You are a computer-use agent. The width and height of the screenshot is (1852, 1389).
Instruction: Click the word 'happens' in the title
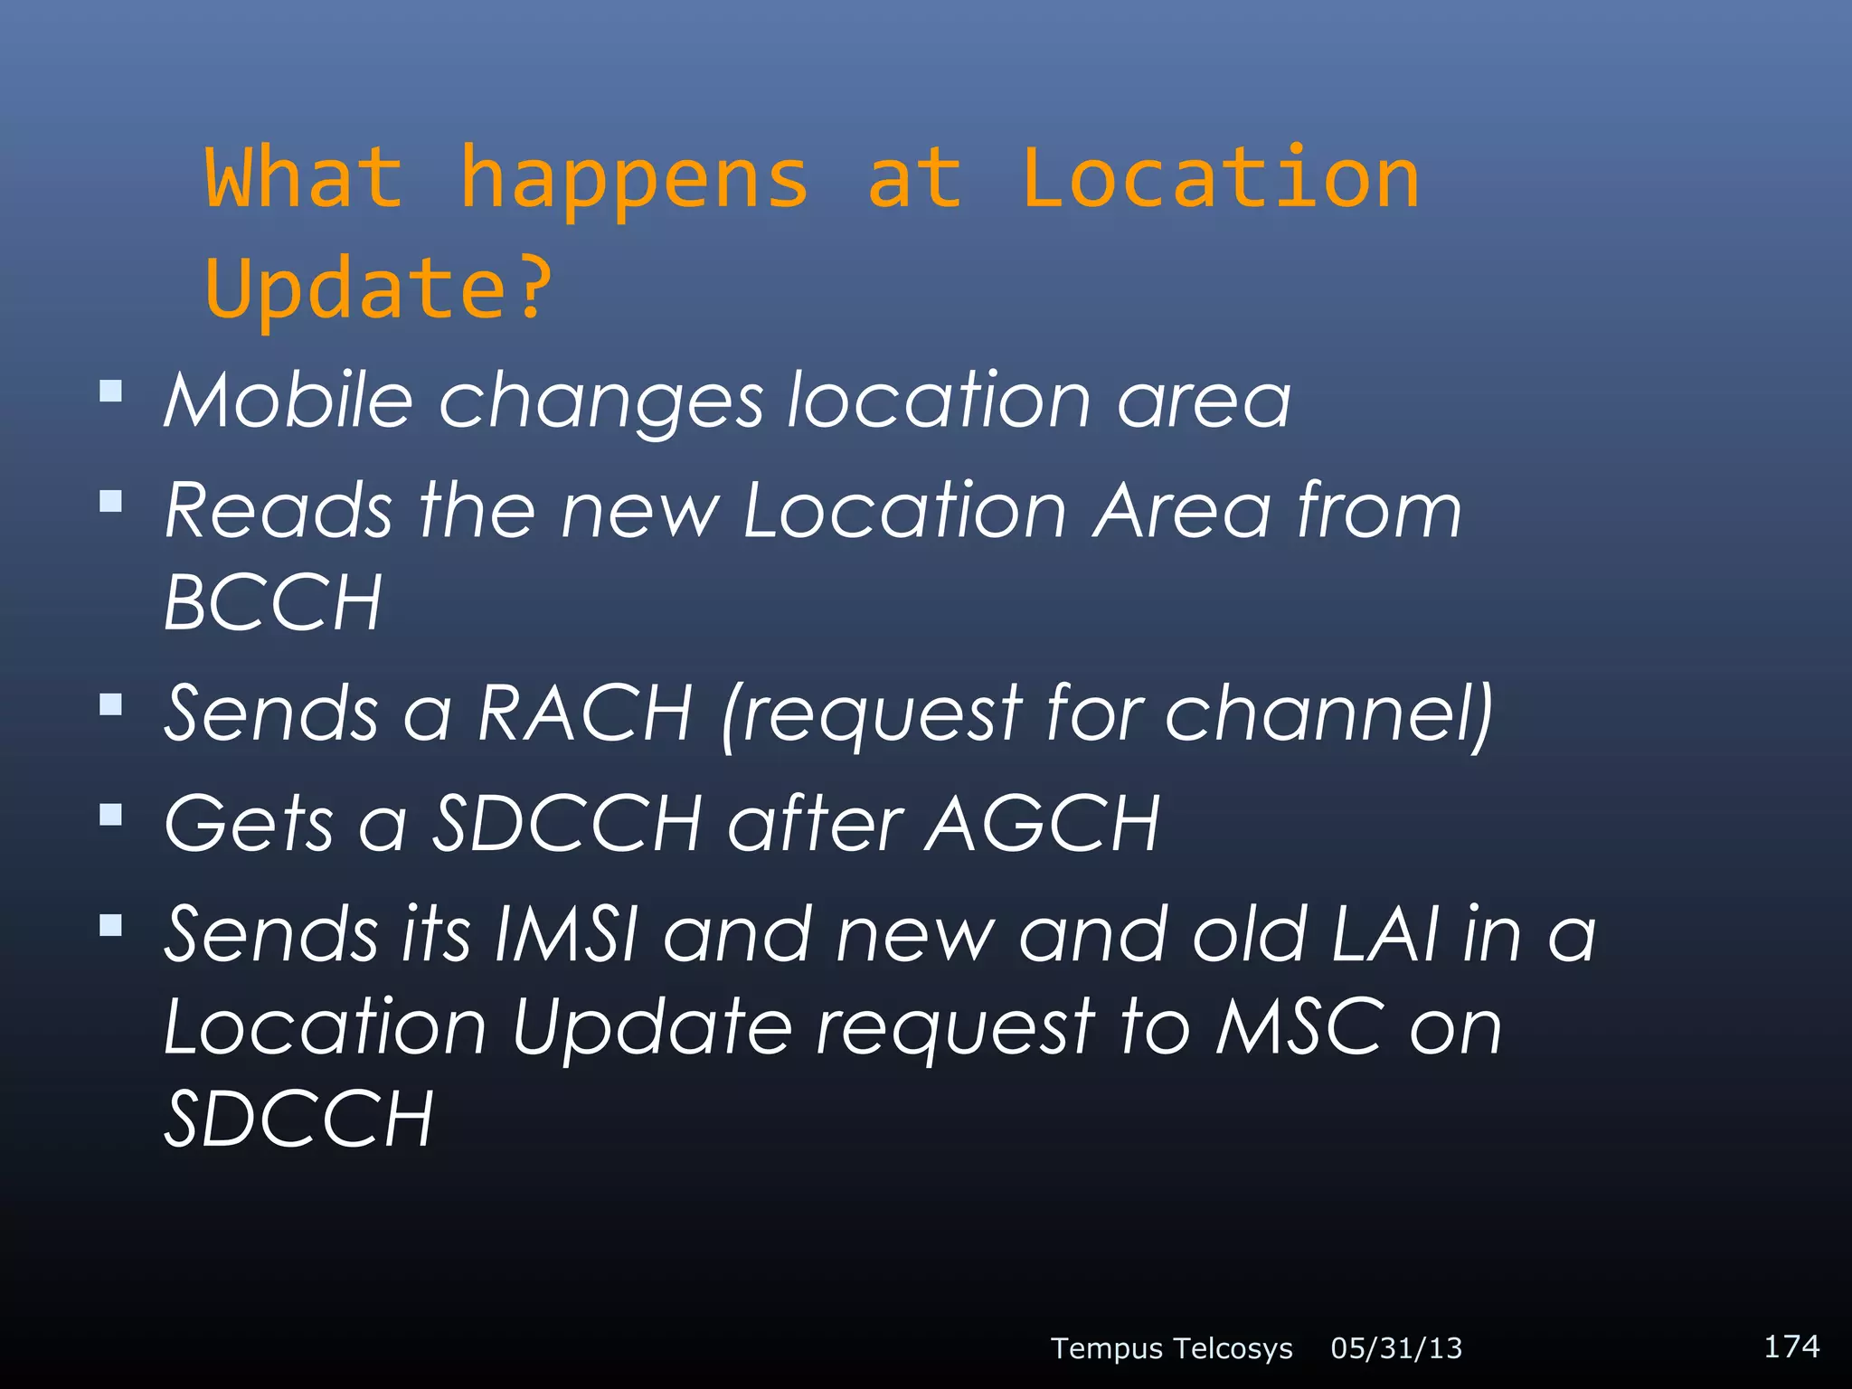633,181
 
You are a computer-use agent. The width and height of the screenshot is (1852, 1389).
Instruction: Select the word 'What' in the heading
304,179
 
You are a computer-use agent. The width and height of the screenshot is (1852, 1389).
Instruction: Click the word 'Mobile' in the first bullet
288,401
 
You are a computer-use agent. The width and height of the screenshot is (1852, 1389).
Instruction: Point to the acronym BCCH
273,603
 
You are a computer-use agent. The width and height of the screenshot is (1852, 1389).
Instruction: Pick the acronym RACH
585,713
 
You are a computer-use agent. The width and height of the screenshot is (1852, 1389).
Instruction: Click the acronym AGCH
1042,824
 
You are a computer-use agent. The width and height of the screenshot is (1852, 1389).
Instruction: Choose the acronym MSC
1299,1027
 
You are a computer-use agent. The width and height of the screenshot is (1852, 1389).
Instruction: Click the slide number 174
1791,1346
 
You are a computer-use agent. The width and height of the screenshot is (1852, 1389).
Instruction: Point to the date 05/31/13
1396,1349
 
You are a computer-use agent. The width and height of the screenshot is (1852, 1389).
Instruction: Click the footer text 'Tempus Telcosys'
1171,1349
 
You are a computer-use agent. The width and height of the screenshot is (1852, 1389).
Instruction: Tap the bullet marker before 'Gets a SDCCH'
111,815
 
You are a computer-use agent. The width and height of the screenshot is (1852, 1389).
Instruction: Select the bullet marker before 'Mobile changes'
111,391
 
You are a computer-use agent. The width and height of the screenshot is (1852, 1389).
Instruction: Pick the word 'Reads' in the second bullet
279,512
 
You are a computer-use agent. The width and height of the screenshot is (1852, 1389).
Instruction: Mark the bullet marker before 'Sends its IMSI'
111,925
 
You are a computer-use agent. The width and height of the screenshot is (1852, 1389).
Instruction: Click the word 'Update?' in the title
378,288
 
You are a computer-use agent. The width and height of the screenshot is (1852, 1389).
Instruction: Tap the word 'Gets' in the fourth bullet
249,824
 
